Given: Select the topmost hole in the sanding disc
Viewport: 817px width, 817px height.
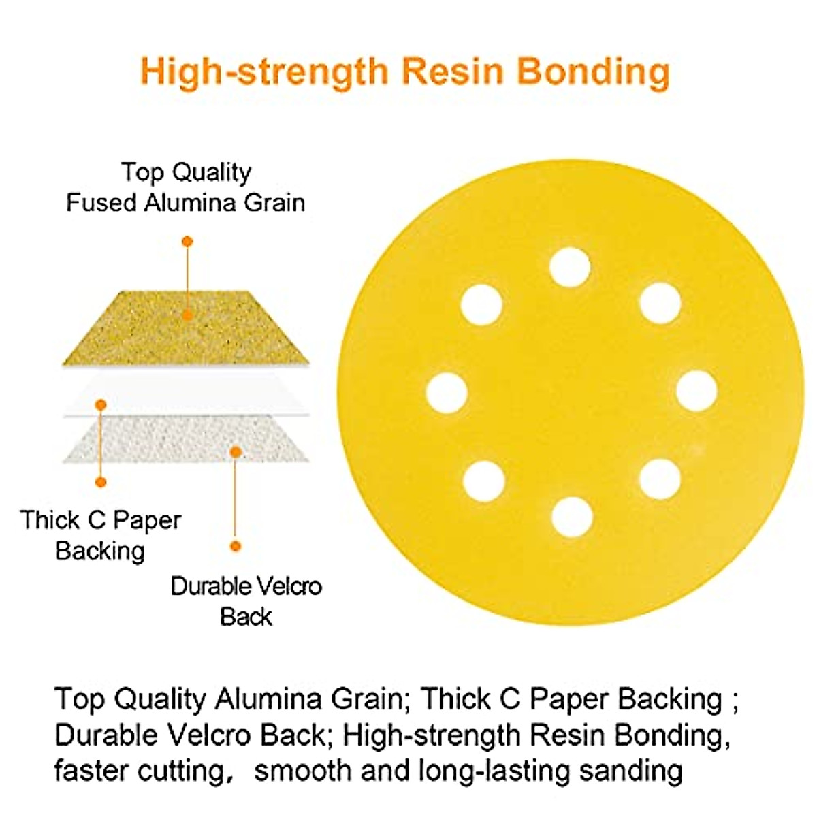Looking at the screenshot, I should click(570, 268).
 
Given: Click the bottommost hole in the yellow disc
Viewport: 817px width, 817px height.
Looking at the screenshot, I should click(572, 517).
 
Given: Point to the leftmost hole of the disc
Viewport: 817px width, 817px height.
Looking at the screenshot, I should click(447, 393).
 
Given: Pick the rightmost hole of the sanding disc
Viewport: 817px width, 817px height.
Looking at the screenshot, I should click(697, 391).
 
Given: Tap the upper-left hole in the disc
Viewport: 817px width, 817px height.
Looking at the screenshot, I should click(481, 304).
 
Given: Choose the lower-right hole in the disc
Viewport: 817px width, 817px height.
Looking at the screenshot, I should click(660, 479).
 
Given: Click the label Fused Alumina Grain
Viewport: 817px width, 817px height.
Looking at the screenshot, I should click(185, 202).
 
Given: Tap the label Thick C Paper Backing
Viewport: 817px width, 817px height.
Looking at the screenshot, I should click(100, 535).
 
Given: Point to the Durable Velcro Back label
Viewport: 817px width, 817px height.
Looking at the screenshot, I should click(246, 601).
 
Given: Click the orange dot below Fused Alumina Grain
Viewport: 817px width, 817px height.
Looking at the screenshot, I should click(187, 241).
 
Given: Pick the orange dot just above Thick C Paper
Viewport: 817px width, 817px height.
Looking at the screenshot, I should click(101, 482).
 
